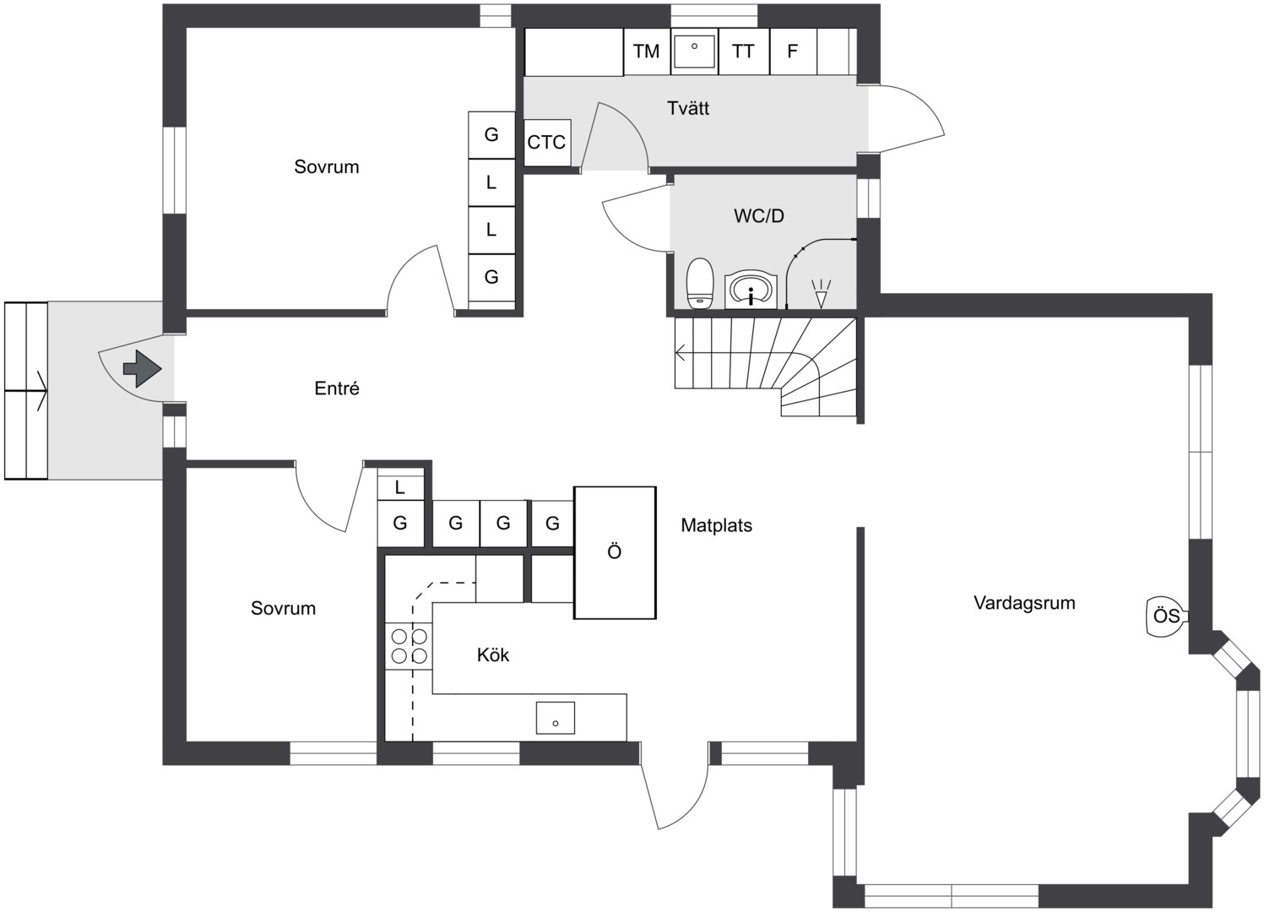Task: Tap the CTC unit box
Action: coord(547,142)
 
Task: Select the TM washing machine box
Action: coord(647,52)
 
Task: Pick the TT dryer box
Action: coord(744,52)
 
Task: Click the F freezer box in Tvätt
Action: coord(793,52)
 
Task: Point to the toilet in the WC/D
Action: coord(700,283)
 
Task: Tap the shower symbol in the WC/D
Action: coord(821,294)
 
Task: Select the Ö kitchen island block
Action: coord(615,552)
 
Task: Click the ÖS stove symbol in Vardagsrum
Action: coord(1168,616)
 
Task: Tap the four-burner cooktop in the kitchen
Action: coord(410,646)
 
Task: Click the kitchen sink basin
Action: coord(556,718)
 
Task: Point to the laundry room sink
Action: coord(695,52)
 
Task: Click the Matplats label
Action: coord(717,525)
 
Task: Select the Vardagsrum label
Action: coord(1024,603)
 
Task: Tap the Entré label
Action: coord(337,388)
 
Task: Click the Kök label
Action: coord(493,654)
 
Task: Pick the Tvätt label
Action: coord(688,108)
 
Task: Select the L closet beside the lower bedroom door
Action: coord(400,487)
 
